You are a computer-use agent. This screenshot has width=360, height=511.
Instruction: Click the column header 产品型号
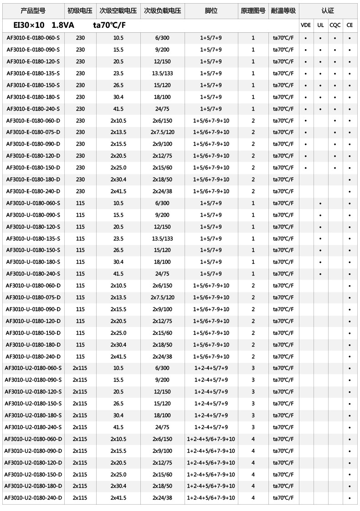coord(33,10)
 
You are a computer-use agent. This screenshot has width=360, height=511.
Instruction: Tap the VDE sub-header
coord(306,26)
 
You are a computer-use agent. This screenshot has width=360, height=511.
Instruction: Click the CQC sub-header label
coord(335,26)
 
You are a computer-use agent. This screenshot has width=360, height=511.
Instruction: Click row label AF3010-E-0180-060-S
coord(33,38)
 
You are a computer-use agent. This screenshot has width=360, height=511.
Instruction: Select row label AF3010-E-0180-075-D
coord(33,132)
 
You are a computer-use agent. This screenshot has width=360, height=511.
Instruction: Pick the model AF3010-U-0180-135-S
coord(33,238)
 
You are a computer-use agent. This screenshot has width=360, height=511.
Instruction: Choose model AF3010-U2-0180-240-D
coord(33,498)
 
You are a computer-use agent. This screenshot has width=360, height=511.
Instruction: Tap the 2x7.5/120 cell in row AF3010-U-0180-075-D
coord(162,297)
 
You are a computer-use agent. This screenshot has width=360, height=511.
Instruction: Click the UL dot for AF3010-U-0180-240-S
coord(320,274)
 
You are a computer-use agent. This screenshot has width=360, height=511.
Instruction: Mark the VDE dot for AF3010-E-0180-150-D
coord(306,168)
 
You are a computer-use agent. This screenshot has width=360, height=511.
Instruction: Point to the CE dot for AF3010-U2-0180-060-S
coord(350,368)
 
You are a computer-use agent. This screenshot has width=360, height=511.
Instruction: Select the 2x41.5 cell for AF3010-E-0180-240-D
coord(118,191)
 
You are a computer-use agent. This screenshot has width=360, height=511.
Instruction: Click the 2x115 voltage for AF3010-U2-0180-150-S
coord(80,404)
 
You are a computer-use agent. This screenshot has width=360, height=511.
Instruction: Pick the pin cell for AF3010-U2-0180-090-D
coord(211,451)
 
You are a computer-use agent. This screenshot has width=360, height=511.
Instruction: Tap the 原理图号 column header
coord(253,10)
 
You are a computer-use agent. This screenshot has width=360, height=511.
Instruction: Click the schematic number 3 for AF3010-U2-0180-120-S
coord(253,392)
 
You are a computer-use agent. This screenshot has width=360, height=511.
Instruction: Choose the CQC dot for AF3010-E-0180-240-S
coord(335,109)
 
